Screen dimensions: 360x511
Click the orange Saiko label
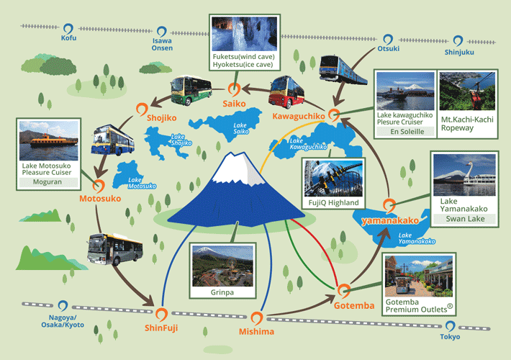pos(234,104)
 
